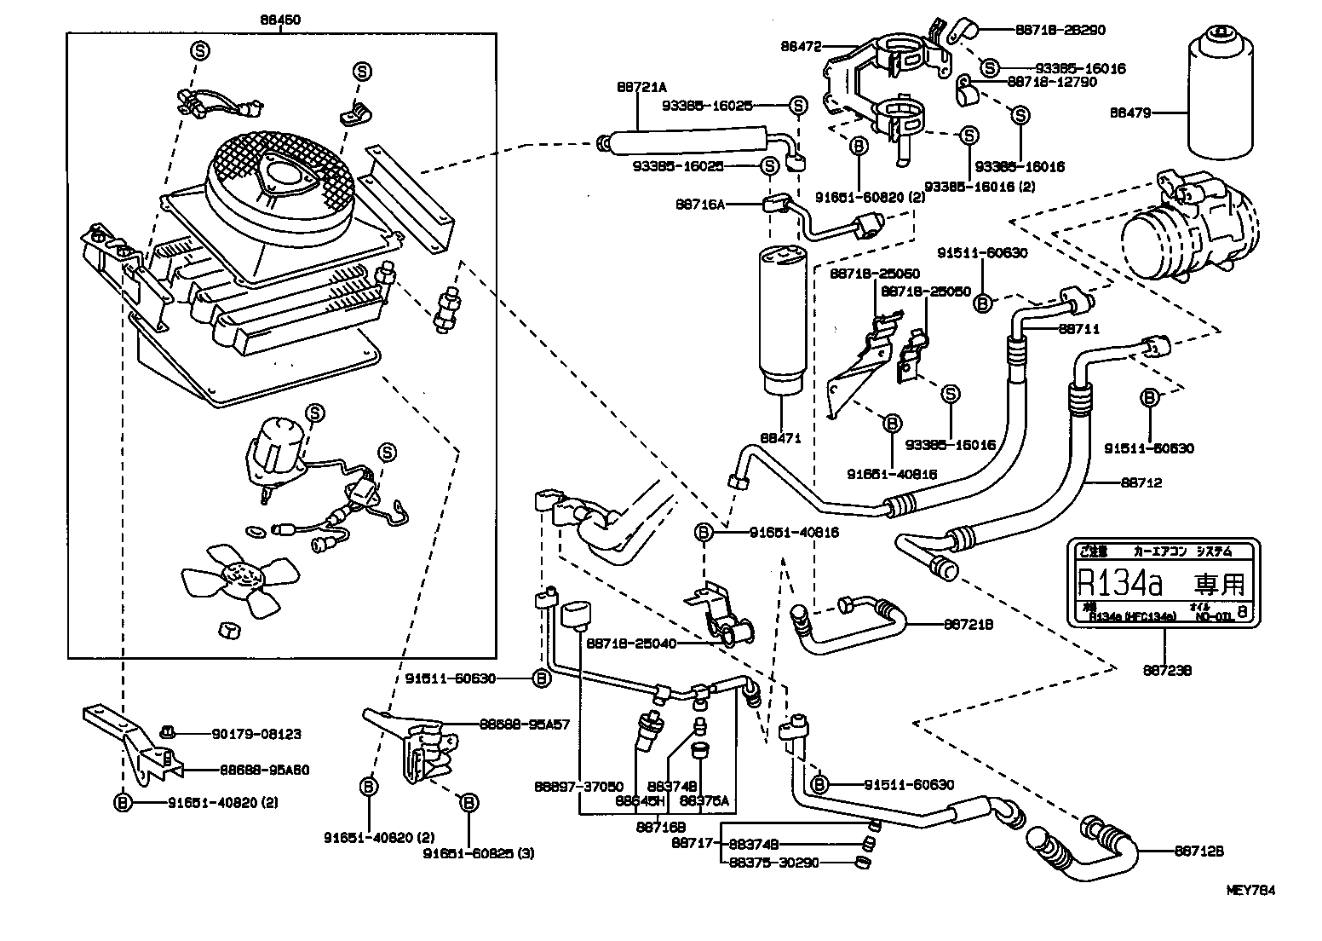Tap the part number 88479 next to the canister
coord(1135,112)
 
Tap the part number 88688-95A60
coord(264,770)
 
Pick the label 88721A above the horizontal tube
coord(641,87)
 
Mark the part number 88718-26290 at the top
coord(1060,29)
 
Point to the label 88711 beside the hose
coord(1080,328)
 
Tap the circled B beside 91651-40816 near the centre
coord(704,533)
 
